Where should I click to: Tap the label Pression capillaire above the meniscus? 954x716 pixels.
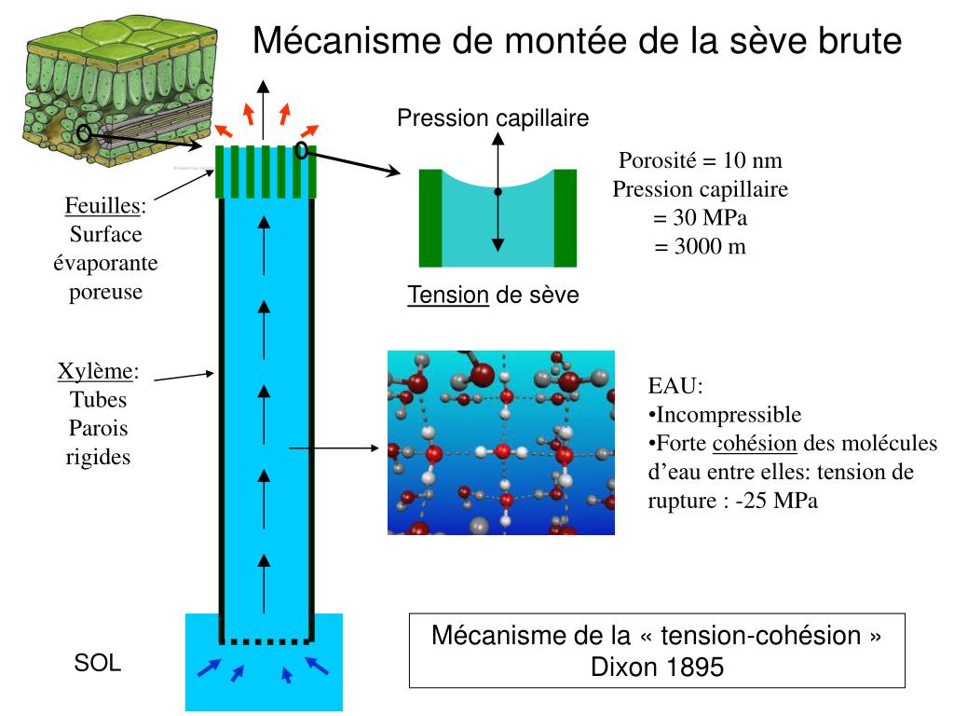pyautogui.click(x=493, y=118)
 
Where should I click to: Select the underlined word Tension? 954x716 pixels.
pyautogui.click(x=448, y=296)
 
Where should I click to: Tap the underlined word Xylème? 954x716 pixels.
pyautogui.click(x=95, y=372)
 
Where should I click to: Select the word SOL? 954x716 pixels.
pyautogui.click(x=98, y=664)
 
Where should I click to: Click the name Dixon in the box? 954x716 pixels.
pyautogui.click(x=623, y=668)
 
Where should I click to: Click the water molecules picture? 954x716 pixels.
pyautogui.click(x=501, y=443)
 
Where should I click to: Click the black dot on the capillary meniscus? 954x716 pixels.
pyautogui.click(x=497, y=192)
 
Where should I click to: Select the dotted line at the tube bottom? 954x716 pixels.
pyautogui.click(x=265, y=641)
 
